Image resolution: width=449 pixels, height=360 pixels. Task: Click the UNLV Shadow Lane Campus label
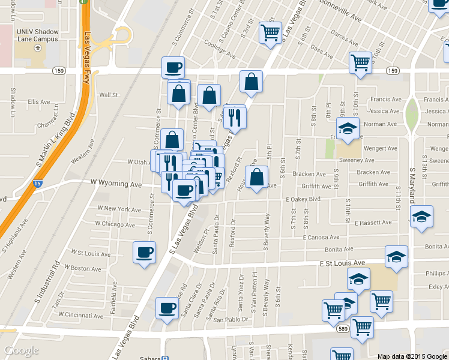click(37, 35)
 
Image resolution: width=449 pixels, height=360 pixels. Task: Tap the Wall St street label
click(109, 95)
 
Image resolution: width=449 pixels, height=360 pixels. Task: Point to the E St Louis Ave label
click(342, 263)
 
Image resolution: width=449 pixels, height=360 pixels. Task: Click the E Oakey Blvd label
click(303, 199)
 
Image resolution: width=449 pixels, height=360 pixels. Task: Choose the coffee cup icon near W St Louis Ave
click(144, 252)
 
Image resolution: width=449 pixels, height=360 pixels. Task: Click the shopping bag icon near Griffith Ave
click(256, 177)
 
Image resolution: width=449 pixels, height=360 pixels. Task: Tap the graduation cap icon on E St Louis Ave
click(396, 256)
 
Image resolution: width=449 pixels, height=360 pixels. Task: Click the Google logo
click(22, 350)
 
